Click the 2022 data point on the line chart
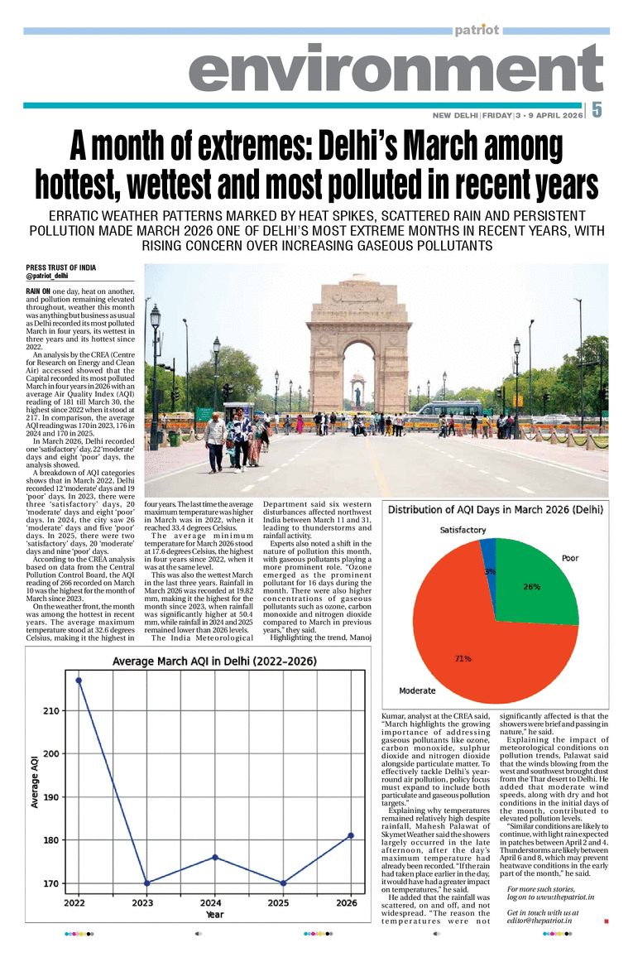[x=79, y=681]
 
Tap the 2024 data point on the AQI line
[x=215, y=857]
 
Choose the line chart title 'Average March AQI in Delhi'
[x=215, y=661]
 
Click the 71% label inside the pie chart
[x=463, y=659]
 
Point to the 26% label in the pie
[x=530, y=587]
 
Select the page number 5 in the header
[x=597, y=109]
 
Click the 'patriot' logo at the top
[x=477, y=31]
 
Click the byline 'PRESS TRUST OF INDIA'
[x=60, y=268]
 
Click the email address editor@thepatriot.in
[x=543, y=921]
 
